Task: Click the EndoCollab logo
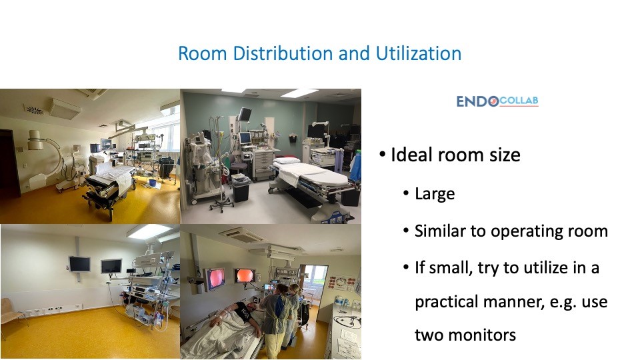click(497, 101)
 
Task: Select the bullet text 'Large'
click(435, 194)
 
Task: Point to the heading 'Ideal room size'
click(455, 155)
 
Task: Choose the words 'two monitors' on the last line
click(465, 335)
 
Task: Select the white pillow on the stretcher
click(287, 161)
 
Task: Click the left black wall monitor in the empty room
click(79, 263)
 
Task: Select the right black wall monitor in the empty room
click(111, 266)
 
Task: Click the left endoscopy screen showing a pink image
click(215, 279)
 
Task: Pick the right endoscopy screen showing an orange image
click(245, 275)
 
